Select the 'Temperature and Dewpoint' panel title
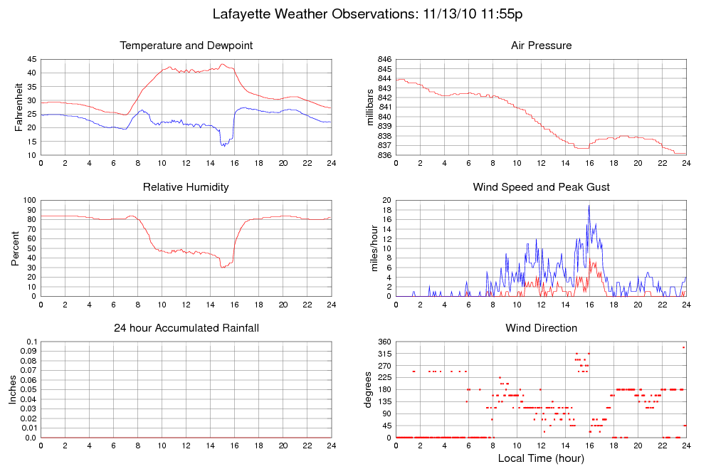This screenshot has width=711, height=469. tap(186, 46)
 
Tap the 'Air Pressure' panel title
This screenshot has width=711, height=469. tap(541, 46)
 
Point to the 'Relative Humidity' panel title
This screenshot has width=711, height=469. tap(186, 187)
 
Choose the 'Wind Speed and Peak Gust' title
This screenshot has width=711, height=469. tap(541, 187)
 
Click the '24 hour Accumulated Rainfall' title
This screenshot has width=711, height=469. tap(186, 328)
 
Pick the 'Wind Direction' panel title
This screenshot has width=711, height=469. tap(541, 328)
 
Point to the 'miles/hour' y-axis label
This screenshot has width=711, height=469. tap(370, 248)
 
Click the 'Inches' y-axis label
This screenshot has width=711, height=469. tap(13, 389)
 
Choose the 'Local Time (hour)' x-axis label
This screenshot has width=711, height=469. tap(541, 458)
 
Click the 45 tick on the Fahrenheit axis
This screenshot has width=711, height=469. tap(31, 59)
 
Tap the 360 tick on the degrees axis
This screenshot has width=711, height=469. tap(384, 342)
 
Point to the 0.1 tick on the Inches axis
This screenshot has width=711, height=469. tap(31, 342)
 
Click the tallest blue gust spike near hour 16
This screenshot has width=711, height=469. tap(589, 206)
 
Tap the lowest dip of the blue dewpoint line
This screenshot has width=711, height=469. tap(223, 146)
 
